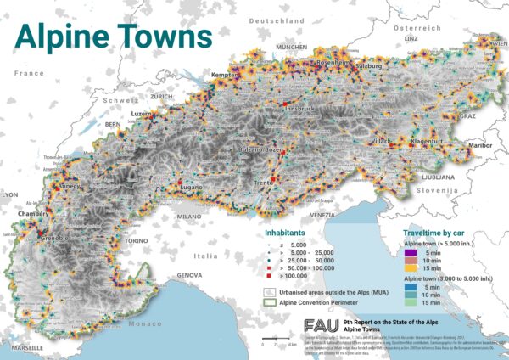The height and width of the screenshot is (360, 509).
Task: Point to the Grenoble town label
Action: pyautogui.click(x=57, y=239)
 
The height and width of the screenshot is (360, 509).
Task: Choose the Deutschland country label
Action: pyautogui.click(x=287, y=19)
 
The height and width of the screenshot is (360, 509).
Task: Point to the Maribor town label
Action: pyautogui.click(x=479, y=145)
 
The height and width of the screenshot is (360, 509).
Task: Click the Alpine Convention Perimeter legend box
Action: pyautogui.click(x=269, y=300)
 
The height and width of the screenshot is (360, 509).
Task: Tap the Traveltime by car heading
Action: pyautogui.click(x=434, y=230)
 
